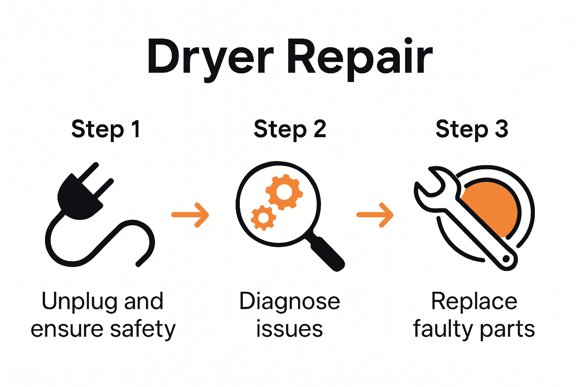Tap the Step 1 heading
tap(106, 130)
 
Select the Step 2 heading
tap(290, 130)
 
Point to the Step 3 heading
tap(472, 130)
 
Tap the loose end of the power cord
tap(139, 263)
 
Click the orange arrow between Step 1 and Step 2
tap(190, 215)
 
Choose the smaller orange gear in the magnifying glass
tap(263, 218)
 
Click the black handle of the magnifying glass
tap(328, 254)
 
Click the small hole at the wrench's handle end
tap(506, 260)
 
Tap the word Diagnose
tap(290, 302)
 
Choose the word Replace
tap(474, 302)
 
